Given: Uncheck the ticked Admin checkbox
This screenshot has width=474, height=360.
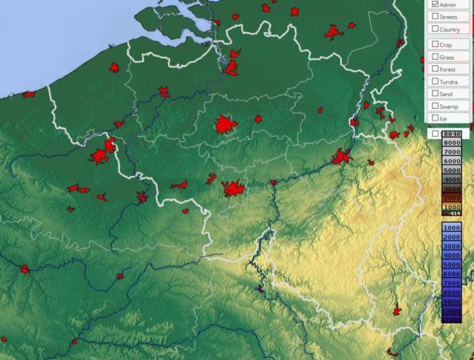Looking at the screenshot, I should (x=435, y=5).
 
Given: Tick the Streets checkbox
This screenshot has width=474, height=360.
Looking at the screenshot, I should (x=435, y=16).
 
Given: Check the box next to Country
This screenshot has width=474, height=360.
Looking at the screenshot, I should (x=435, y=29).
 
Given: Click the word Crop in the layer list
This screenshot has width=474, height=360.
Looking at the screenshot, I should (x=446, y=45).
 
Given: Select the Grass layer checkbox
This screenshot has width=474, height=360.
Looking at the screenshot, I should (x=435, y=58).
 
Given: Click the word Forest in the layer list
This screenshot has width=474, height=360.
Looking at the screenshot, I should (x=448, y=69).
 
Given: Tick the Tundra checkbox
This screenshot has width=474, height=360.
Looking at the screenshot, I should (x=435, y=81).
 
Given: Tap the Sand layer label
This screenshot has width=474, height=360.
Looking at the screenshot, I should (x=446, y=94).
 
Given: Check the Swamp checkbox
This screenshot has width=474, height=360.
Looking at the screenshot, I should (x=435, y=106).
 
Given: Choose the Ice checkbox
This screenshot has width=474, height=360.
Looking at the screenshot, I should (x=435, y=118).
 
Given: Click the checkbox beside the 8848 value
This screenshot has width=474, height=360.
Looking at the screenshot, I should (x=435, y=134).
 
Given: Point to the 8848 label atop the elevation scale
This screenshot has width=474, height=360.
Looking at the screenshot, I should (x=451, y=134).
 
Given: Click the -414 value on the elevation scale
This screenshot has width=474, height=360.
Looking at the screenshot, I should (x=451, y=213).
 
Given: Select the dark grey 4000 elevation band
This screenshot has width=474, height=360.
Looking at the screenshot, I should (x=451, y=180).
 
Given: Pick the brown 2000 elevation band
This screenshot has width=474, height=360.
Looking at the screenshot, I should (x=451, y=198).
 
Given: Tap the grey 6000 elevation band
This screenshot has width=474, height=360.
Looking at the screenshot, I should (x=451, y=161).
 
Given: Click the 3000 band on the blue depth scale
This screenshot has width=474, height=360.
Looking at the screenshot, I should (x=451, y=246).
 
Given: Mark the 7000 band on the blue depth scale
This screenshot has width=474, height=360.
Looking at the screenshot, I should (x=451, y=283).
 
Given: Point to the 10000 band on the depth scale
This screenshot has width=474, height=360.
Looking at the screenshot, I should (x=451, y=311).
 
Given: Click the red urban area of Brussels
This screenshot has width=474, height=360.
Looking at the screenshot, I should (x=225, y=124).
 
